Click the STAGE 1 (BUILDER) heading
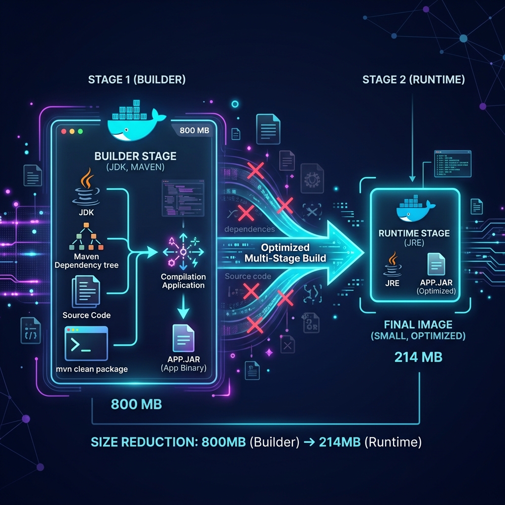coord(137,80)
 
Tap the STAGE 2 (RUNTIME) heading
coord(413,80)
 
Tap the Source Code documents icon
coord(86,291)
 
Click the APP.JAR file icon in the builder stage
coord(183,338)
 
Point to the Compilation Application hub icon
coord(183,252)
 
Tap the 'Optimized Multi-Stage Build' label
coord(285,252)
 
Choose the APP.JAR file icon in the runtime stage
coord(436,264)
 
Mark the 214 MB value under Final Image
coord(418,357)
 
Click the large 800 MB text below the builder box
coord(136,404)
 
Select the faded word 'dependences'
coord(250,229)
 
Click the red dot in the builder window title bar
coord(64,132)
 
